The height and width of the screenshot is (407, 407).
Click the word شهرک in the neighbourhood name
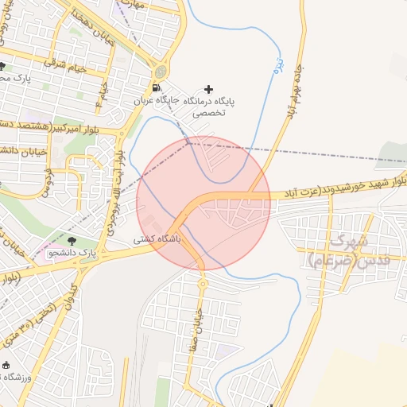[x=350, y=239]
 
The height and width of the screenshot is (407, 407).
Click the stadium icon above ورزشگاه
[x=6, y=365]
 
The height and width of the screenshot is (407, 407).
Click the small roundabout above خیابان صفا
[x=202, y=283]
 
